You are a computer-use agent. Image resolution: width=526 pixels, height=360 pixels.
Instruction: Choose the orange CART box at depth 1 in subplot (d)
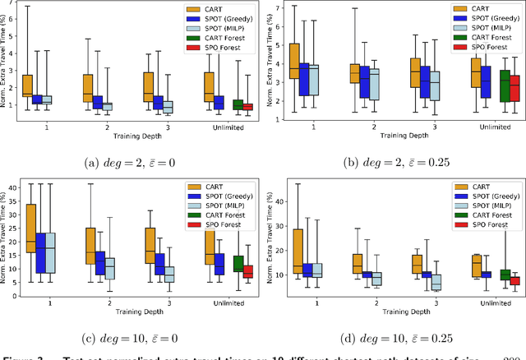coord(297,252)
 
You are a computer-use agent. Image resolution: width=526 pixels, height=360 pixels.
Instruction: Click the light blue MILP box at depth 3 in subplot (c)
coord(168,274)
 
